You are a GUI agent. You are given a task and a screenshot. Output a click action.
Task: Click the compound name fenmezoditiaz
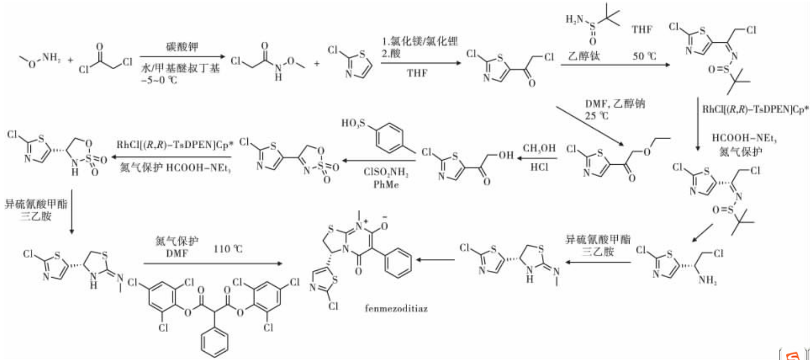[x=396, y=309]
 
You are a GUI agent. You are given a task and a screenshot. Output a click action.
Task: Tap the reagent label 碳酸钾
[x=181, y=47]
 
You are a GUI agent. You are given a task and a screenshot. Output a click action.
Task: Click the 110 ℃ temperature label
[x=228, y=249]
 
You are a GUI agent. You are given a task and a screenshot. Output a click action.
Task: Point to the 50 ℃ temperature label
[x=644, y=56]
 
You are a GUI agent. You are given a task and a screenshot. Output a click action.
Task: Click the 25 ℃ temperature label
[x=596, y=115]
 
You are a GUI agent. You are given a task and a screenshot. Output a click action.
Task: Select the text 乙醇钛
[x=584, y=56]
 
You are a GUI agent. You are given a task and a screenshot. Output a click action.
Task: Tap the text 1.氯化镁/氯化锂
[x=419, y=41]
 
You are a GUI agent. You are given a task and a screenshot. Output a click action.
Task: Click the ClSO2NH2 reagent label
[x=386, y=173]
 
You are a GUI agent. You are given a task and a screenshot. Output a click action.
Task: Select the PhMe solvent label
[x=386, y=184]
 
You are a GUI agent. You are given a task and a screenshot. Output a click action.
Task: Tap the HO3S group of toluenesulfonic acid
[x=352, y=123]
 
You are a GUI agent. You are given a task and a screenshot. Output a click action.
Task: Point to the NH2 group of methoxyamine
[x=51, y=58]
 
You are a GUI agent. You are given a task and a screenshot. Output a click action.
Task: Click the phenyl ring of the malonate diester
[x=214, y=340]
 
